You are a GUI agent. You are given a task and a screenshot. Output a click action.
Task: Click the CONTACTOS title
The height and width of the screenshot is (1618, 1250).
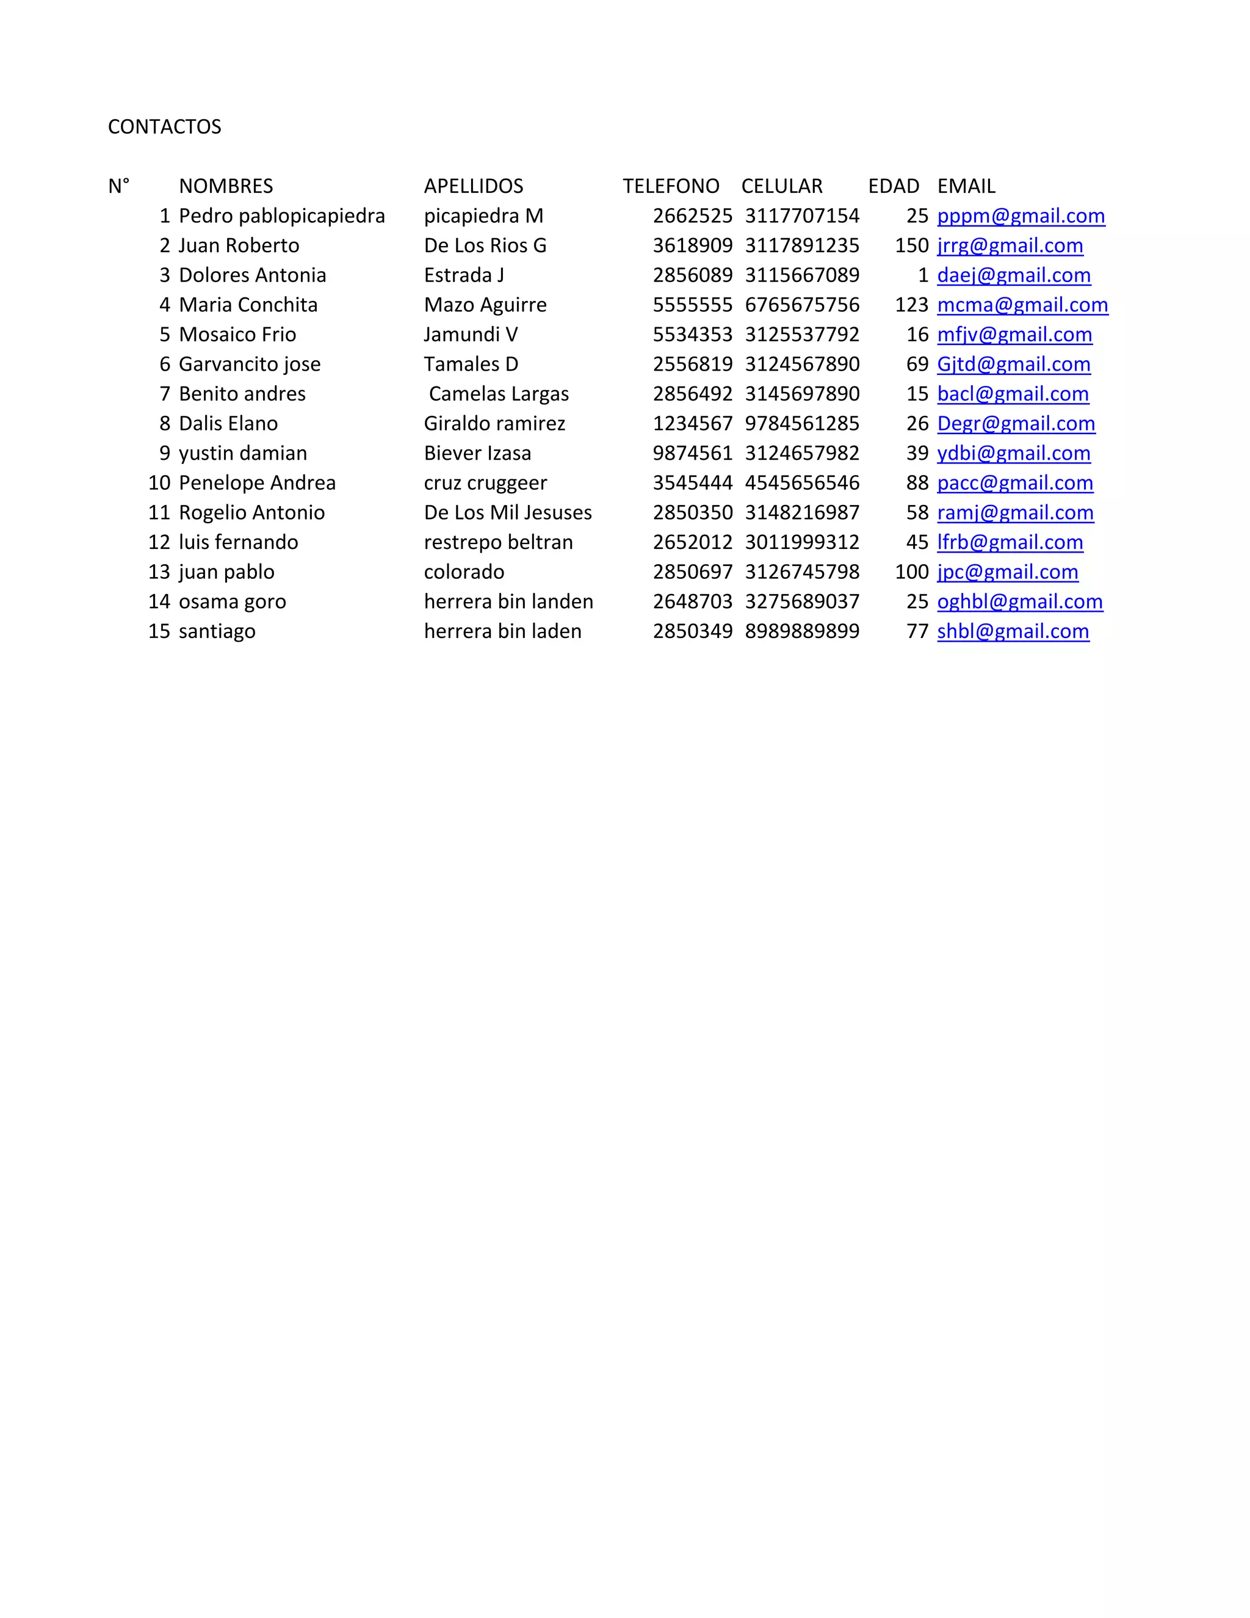(x=164, y=126)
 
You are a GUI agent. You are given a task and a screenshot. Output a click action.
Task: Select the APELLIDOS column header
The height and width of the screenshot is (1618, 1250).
(x=473, y=186)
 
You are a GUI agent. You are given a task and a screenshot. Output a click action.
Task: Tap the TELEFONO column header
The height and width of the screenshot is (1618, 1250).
(x=671, y=186)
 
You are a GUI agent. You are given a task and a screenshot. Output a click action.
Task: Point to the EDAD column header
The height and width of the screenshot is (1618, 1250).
(x=893, y=186)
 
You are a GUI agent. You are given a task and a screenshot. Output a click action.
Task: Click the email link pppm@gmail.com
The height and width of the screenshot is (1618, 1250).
(x=1021, y=216)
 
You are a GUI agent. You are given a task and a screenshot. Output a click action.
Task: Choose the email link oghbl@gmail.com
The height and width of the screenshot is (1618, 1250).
(x=1020, y=601)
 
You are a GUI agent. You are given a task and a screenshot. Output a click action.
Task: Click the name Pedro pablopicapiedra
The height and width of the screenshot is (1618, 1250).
(x=281, y=216)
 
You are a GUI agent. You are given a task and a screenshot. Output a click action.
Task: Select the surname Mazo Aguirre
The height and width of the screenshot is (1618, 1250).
(x=485, y=305)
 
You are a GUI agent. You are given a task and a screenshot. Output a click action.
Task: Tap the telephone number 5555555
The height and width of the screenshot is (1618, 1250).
(x=692, y=305)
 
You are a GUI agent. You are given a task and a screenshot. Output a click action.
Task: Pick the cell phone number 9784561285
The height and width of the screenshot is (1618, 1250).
(x=802, y=423)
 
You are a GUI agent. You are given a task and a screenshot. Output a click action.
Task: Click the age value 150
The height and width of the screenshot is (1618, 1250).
(x=912, y=245)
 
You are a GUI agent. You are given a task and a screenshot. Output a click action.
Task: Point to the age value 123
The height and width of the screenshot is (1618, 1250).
(x=912, y=305)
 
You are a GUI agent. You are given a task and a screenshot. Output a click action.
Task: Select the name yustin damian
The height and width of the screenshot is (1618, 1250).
(x=243, y=452)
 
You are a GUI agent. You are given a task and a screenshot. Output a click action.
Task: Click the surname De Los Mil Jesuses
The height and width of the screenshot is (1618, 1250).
(x=507, y=512)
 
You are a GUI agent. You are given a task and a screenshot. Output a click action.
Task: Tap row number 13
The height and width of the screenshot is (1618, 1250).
(x=159, y=572)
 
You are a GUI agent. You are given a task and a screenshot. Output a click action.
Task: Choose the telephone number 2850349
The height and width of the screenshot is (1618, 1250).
(x=692, y=631)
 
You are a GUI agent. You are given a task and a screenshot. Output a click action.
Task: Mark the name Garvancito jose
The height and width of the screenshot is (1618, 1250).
(x=250, y=364)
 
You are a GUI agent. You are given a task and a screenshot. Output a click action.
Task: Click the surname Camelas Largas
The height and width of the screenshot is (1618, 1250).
(x=499, y=393)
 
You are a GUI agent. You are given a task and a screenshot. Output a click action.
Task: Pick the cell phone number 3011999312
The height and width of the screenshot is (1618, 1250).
(x=802, y=542)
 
